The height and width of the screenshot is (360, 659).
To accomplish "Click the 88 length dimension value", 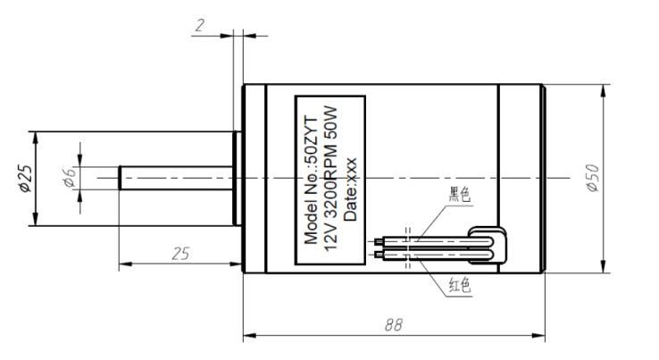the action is (x=394, y=324).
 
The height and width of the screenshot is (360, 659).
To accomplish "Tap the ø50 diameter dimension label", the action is (x=593, y=178).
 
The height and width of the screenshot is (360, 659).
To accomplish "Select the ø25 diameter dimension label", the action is (x=25, y=179).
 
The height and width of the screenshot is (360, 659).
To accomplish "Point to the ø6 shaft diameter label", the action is (x=69, y=177).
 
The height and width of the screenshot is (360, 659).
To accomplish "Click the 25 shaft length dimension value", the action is (x=180, y=254).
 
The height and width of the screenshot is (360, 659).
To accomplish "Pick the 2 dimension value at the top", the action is (x=199, y=26).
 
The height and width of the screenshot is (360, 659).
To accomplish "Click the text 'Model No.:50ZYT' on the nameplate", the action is (x=312, y=180).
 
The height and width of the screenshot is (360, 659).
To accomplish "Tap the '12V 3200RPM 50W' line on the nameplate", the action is (x=330, y=178).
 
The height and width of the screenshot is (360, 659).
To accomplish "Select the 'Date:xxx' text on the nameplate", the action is (x=350, y=189).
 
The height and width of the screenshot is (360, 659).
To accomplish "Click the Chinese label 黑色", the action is (x=459, y=195).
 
